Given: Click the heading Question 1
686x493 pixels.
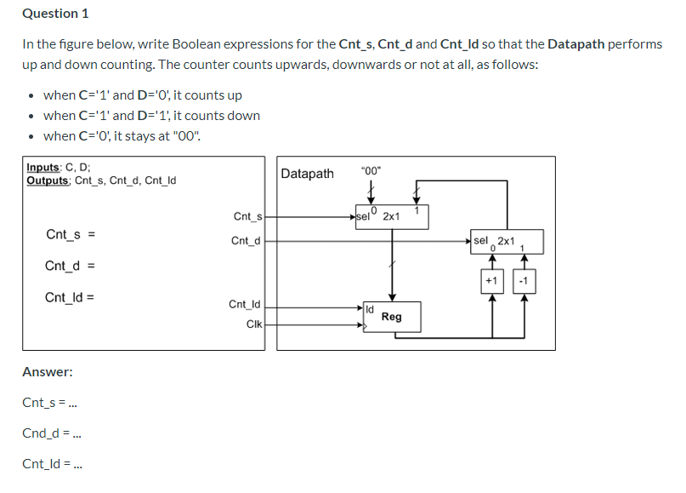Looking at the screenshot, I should pyautogui.click(x=55, y=14).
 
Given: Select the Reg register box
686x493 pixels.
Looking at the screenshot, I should pyautogui.click(x=392, y=316).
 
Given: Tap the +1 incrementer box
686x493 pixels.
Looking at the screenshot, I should pyautogui.click(x=491, y=280).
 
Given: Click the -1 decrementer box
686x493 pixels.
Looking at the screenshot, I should pyautogui.click(x=524, y=280).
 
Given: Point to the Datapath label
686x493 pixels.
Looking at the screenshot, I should pyautogui.click(x=307, y=174).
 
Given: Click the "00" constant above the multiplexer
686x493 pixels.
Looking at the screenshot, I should pyautogui.click(x=371, y=169).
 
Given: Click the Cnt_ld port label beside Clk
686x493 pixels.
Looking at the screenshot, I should pyautogui.click(x=246, y=304).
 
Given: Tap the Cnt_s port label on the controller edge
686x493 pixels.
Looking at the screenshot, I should pyautogui.click(x=247, y=217).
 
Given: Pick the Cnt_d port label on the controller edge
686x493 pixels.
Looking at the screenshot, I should pyautogui.click(x=246, y=241).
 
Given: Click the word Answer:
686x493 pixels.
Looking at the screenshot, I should pyautogui.click(x=48, y=372).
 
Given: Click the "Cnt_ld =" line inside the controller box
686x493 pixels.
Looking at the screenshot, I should pyautogui.click(x=70, y=297).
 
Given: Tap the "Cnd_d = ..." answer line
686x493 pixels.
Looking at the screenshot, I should pyautogui.click(x=52, y=433).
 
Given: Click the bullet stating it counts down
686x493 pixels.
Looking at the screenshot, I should pyautogui.click(x=151, y=115).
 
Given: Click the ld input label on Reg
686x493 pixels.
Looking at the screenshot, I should pyautogui.click(x=370, y=307).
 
